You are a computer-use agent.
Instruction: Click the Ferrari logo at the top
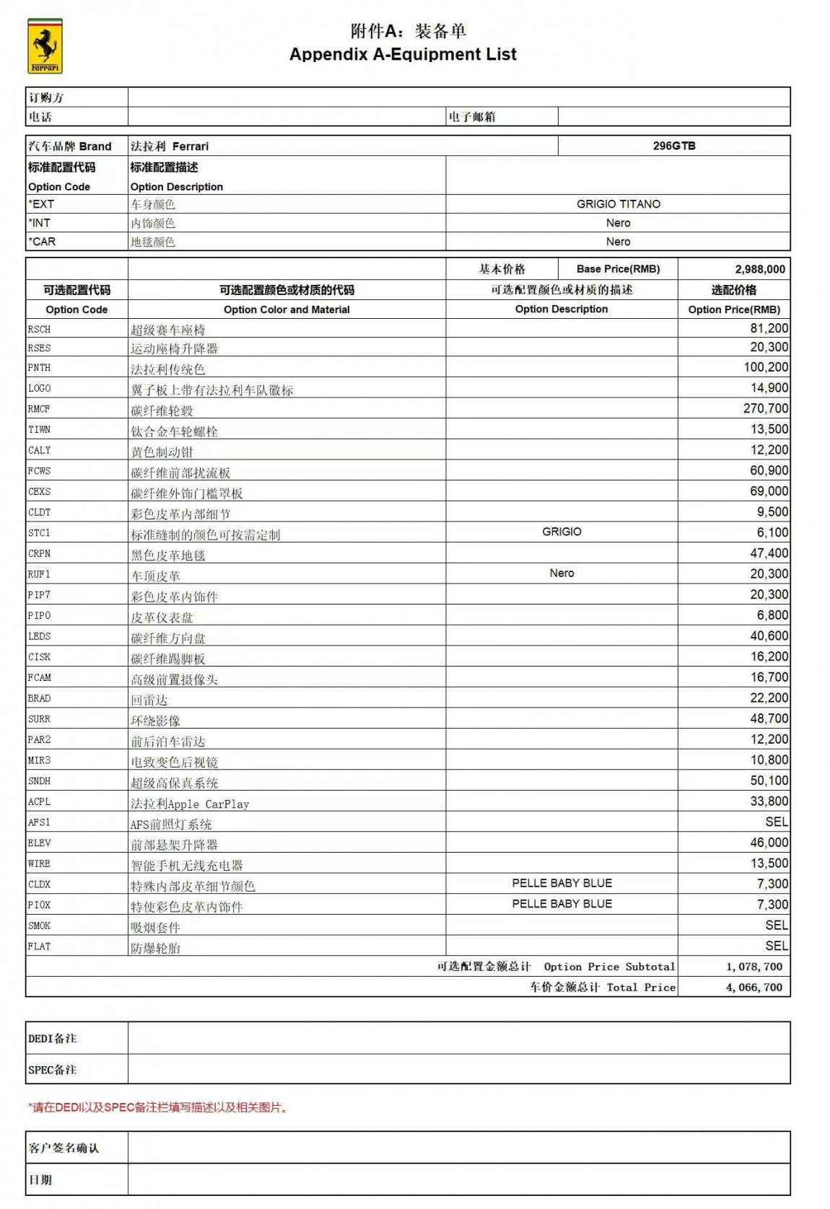(45, 46)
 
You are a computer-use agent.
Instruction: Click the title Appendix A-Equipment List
(403, 54)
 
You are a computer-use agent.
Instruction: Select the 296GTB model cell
(674, 146)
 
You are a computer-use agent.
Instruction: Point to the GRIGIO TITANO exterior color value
(618, 204)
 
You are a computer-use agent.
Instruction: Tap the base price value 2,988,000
(759, 269)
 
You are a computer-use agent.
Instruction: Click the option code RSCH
(40, 330)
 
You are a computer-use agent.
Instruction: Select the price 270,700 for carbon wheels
(765, 408)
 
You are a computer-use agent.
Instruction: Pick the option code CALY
(40, 450)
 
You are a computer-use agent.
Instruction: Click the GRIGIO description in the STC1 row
(562, 532)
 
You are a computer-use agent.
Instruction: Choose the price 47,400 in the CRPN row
(769, 553)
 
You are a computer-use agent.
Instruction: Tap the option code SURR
(40, 719)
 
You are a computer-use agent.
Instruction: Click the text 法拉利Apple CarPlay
(190, 804)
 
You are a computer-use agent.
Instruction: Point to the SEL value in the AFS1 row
(777, 822)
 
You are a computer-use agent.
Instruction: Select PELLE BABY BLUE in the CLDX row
(562, 883)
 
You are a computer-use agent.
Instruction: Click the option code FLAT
(40, 946)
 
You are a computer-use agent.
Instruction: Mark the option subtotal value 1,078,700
(753, 967)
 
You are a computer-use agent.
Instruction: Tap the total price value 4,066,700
(753, 988)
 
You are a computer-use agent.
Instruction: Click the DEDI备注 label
(52, 1039)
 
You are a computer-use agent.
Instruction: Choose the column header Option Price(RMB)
(733, 309)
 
